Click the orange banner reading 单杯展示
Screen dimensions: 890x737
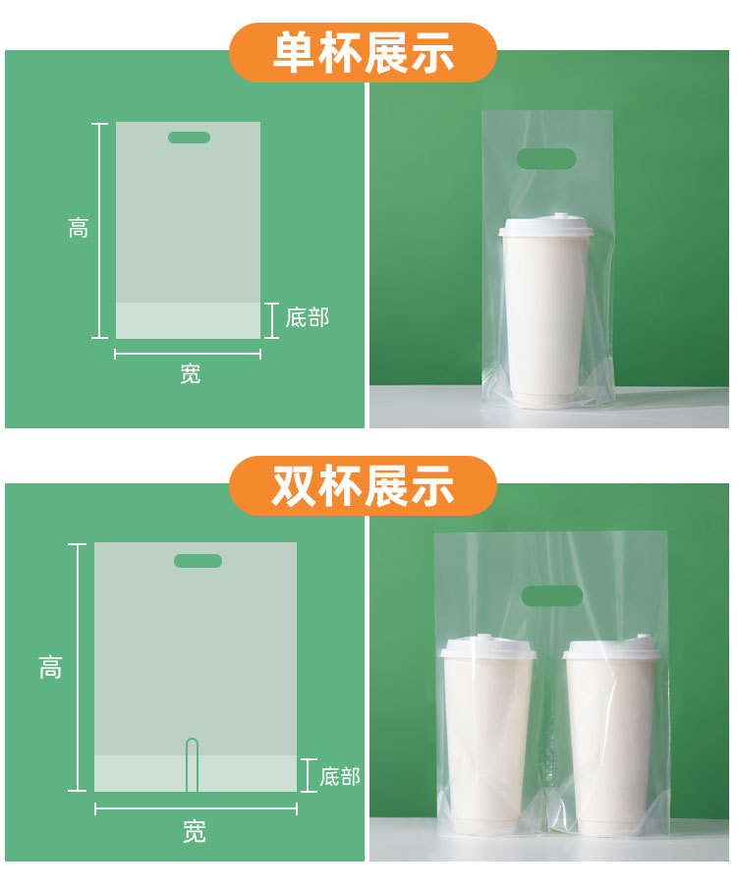pyautogui.click(x=364, y=52)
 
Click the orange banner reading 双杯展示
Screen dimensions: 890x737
pyautogui.click(x=364, y=486)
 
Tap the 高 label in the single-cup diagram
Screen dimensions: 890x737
pyautogui.click(x=79, y=229)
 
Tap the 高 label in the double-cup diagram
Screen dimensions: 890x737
pyautogui.click(x=51, y=669)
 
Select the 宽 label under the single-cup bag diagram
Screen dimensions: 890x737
pyautogui.click(x=191, y=374)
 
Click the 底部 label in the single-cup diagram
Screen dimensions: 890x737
pyautogui.click(x=307, y=318)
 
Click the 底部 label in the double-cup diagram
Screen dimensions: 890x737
pyautogui.click(x=340, y=777)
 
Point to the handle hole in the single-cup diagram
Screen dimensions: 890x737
pyautogui.click(x=189, y=138)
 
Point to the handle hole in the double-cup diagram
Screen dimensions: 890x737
pyautogui.click(x=198, y=561)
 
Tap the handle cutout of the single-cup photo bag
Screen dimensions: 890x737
pyautogui.click(x=546, y=158)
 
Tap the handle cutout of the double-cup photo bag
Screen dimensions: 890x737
pyautogui.click(x=551, y=595)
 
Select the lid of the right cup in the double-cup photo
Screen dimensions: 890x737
pyautogui.click(x=610, y=649)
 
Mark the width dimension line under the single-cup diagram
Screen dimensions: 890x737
pyautogui.click(x=188, y=354)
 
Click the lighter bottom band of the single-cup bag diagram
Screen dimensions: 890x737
pyautogui.click(x=188, y=320)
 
